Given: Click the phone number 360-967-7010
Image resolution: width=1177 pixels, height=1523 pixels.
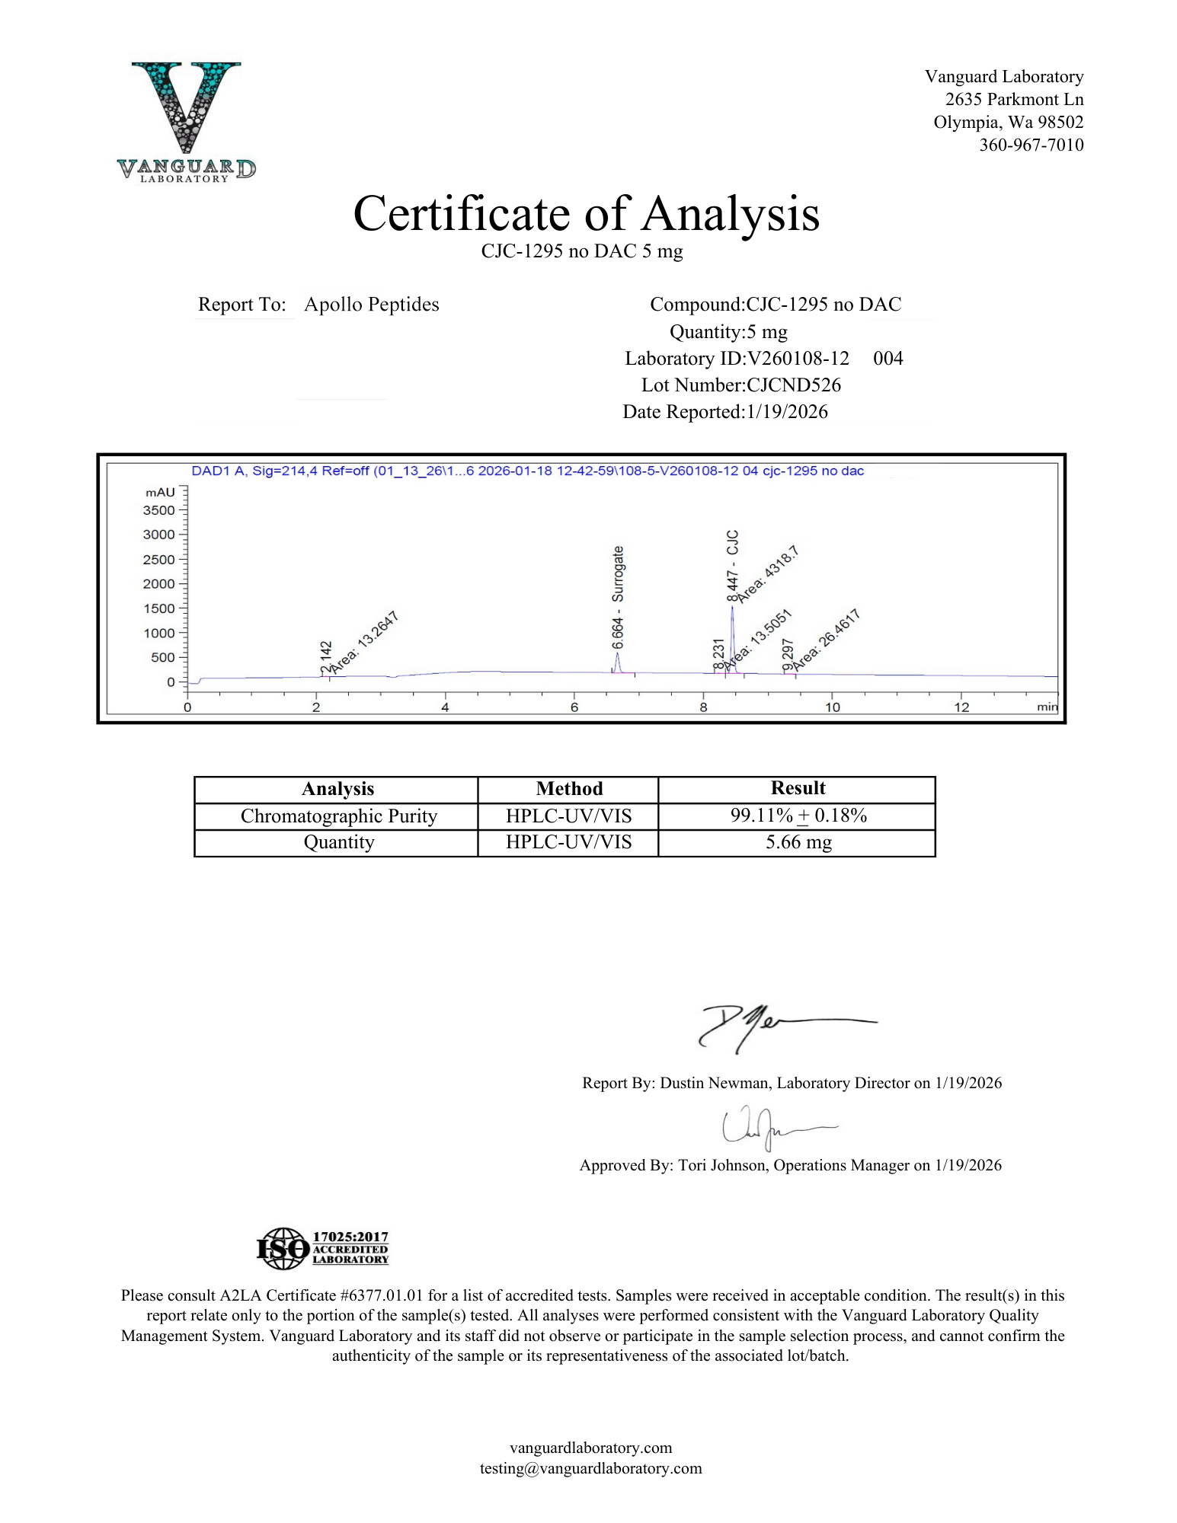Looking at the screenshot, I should tap(1031, 145).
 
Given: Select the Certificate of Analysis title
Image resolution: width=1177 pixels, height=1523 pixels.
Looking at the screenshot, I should tap(586, 213).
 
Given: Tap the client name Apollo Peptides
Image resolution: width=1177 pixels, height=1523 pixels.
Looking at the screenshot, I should tap(371, 305).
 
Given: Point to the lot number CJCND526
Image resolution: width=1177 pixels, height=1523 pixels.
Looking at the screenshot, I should tap(793, 385).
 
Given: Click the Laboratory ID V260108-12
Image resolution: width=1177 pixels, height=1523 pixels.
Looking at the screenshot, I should tap(798, 359).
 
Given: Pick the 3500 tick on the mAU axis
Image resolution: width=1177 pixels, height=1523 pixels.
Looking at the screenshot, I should tap(159, 510).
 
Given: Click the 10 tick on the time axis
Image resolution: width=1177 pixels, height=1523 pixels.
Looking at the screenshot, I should tap(832, 707).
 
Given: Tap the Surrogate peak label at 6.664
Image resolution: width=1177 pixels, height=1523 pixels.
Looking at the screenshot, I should tap(618, 597).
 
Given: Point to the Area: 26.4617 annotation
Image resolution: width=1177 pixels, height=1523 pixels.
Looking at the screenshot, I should tap(827, 640).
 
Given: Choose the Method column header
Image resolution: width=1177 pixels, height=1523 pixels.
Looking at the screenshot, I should tap(568, 789).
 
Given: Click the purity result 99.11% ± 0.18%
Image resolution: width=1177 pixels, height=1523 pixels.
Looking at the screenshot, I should tap(798, 816).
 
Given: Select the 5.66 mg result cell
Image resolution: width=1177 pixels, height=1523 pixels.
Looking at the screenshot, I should tap(798, 842).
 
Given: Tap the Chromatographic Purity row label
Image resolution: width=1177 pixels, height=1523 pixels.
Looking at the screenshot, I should tap(338, 816).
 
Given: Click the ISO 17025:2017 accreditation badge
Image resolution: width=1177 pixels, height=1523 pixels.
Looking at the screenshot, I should tap(322, 1248).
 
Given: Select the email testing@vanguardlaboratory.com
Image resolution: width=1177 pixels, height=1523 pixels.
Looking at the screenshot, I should tap(590, 1468).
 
